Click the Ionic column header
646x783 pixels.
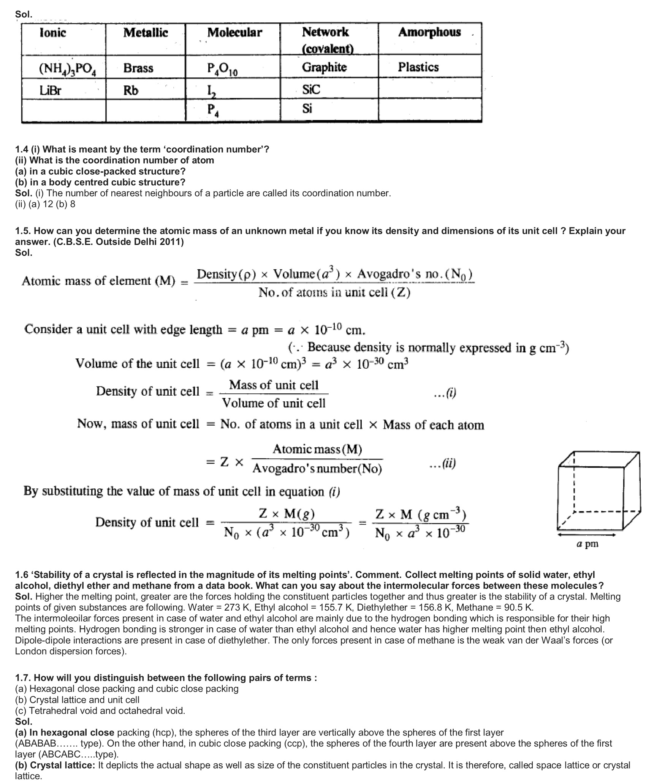53,33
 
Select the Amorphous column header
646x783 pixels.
429,32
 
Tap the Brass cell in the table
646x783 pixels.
138,68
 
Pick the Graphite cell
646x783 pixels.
324,67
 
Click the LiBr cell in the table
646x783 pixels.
51,90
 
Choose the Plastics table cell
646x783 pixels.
418,67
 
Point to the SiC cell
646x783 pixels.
311,90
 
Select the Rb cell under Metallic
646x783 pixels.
131,91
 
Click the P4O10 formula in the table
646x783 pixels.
222,69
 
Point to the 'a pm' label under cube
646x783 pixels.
587,544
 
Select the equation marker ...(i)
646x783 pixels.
445,393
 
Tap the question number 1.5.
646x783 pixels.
23,231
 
